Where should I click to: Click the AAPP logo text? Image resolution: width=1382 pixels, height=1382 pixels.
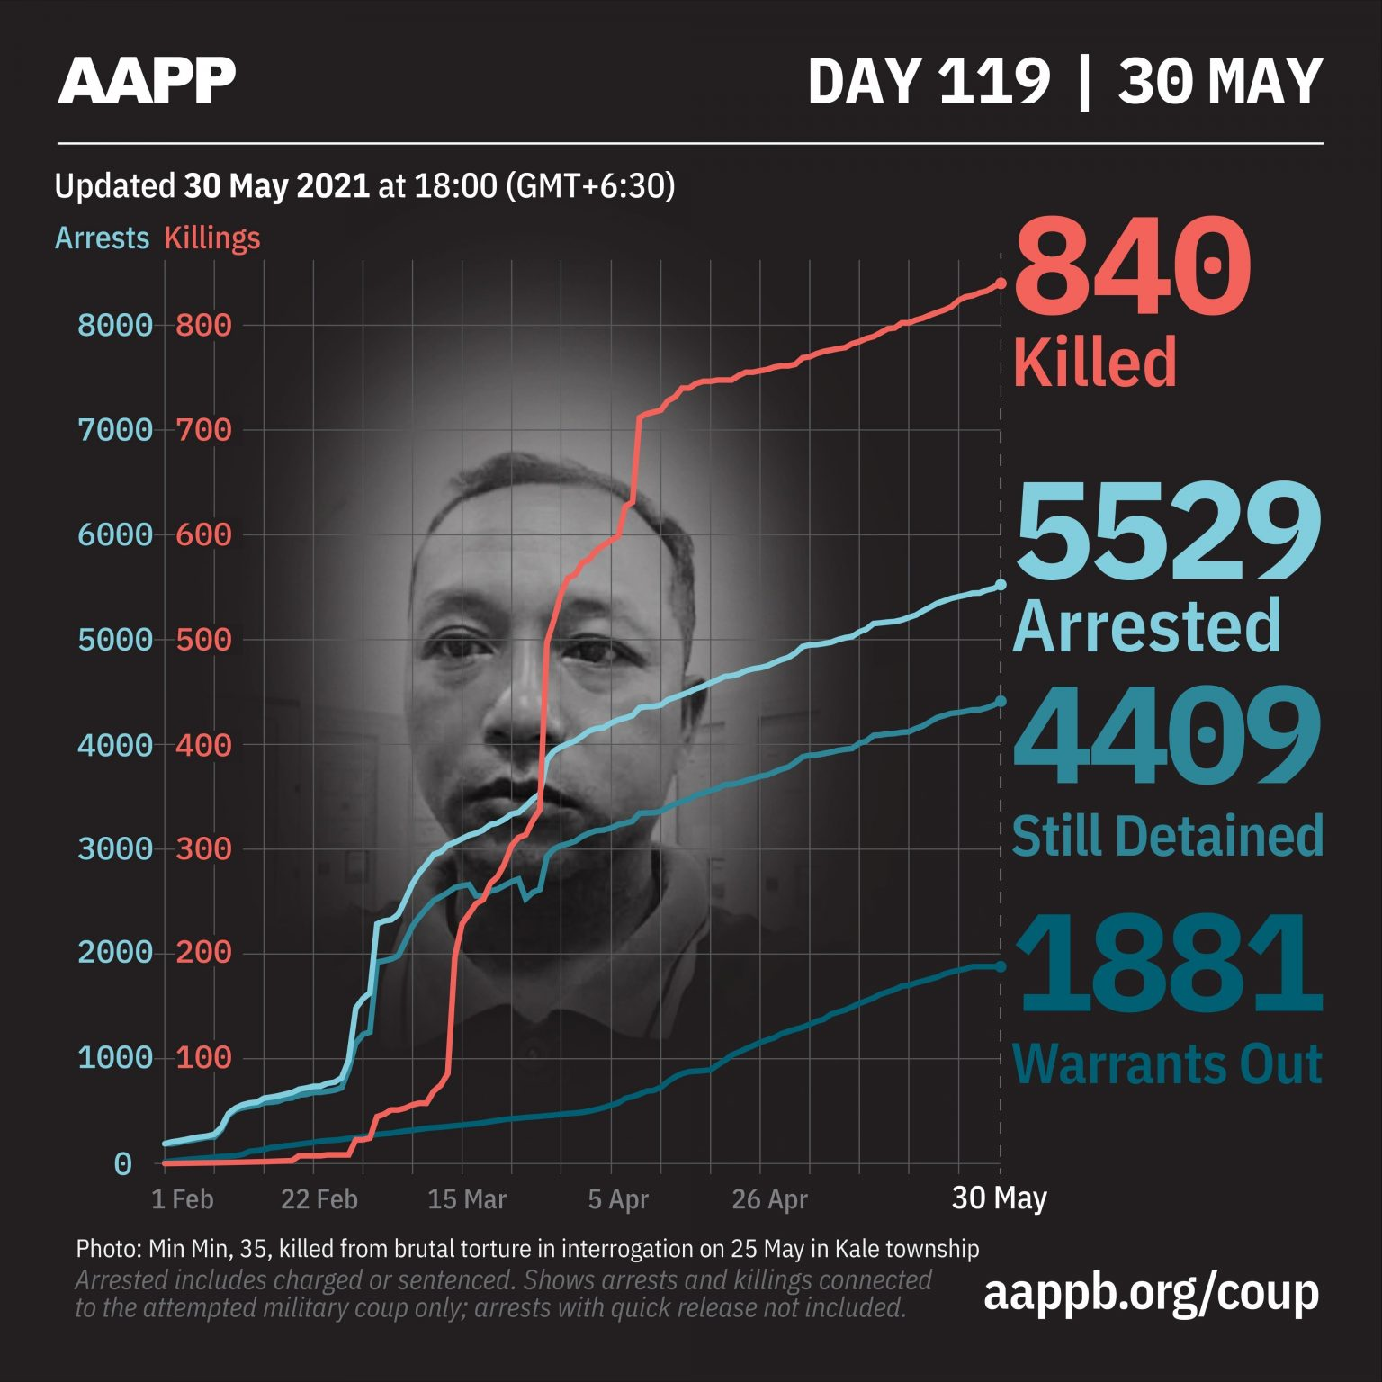(147, 81)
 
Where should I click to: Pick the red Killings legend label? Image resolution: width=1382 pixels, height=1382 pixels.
(212, 238)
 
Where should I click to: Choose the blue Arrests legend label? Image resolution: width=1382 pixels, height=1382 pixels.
(102, 238)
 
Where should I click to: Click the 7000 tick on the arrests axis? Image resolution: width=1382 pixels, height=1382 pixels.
(115, 430)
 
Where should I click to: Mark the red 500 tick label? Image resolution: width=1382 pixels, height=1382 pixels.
(203, 640)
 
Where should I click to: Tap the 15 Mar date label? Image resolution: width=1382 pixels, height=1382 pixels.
(467, 1199)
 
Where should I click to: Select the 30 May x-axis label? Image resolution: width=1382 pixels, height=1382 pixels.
(999, 1198)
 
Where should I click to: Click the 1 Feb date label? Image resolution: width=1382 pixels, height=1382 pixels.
(182, 1199)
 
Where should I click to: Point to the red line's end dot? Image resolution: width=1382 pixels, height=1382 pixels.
(1001, 283)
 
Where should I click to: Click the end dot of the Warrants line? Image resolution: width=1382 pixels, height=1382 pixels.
(1001, 966)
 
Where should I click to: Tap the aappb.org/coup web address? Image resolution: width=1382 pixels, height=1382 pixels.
(1151, 1292)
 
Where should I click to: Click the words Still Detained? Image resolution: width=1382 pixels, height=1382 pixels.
(1167, 836)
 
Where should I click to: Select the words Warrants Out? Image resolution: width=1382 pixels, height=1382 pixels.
(1167, 1063)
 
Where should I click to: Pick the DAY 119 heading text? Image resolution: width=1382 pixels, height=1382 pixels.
(929, 82)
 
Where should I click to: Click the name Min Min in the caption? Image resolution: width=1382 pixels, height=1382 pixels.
(181, 1249)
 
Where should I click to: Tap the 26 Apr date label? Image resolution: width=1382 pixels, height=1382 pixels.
(769, 1199)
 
